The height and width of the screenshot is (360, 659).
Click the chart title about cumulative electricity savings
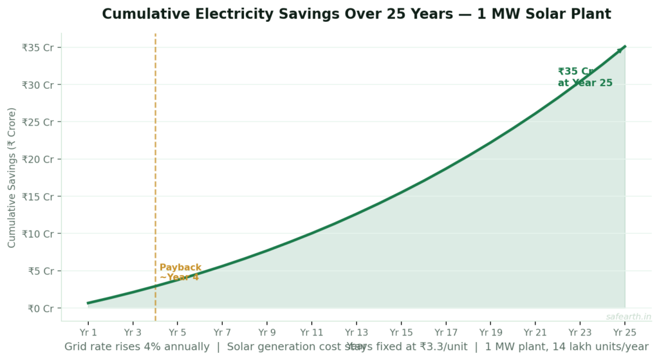pos(357,14)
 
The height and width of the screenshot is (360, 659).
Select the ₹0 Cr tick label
pos(41,308)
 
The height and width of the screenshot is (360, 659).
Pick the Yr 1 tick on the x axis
pos(88,332)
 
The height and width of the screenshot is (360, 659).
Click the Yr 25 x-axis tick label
pos(624,332)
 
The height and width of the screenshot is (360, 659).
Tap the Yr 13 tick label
pos(356,332)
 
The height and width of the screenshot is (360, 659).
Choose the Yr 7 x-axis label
pos(222,332)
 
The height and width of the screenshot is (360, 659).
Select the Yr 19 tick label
pos(490,332)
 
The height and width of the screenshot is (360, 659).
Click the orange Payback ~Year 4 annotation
pos(180,272)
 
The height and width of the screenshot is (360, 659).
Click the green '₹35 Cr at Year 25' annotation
pos(584,77)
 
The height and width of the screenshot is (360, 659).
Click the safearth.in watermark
pos(628,317)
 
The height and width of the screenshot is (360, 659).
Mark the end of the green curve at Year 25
pos(624,47)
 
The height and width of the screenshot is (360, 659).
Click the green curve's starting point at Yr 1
pos(88,303)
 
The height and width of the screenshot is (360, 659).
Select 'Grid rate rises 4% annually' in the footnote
pos(136,346)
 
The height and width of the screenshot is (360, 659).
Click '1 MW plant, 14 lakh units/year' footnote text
pos(567,346)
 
